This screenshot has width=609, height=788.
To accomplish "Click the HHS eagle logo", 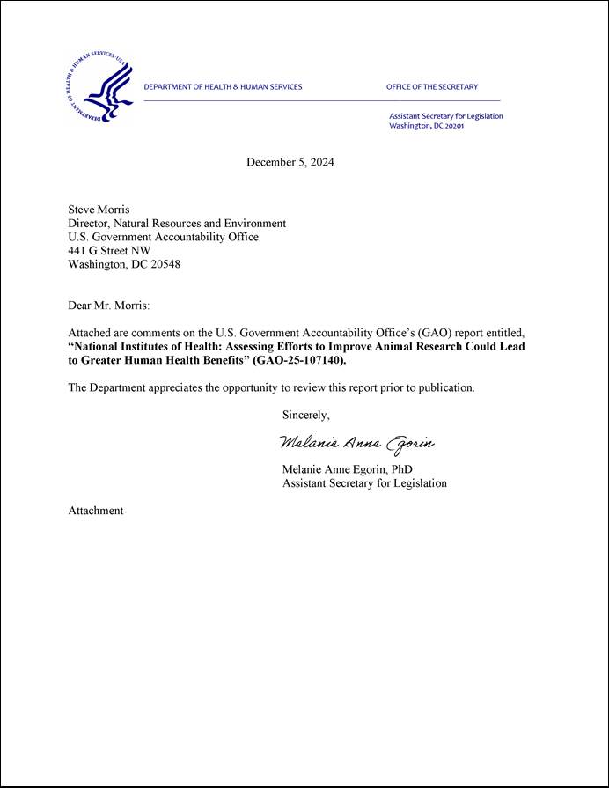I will tap(99, 86).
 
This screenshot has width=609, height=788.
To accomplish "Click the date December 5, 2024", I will tap(290, 162).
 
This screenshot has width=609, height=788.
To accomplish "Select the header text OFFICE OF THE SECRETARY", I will tap(431, 87).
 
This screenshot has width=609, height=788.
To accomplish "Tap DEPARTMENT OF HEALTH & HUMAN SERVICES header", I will tap(223, 87).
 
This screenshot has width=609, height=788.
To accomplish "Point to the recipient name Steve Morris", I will tap(99, 210).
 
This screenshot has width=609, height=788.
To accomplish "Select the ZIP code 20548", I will tap(165, 264).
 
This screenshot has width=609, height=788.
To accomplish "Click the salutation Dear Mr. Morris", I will tap(109, 306).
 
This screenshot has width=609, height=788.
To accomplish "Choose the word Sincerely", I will tap(306, 415).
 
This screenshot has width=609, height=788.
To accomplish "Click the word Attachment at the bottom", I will tap(96, 511).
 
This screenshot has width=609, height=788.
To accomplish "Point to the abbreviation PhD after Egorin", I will tap(401, 469).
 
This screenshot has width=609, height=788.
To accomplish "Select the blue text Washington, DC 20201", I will tap(426, 126).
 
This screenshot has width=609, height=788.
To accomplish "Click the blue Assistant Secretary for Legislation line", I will tap(445, 116).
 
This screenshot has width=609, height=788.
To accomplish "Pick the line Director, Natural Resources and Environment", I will tap(177, 224).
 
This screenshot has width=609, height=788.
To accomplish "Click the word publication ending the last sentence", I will tap(444, 387).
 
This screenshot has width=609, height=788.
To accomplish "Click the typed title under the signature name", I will tap(364, 483).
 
